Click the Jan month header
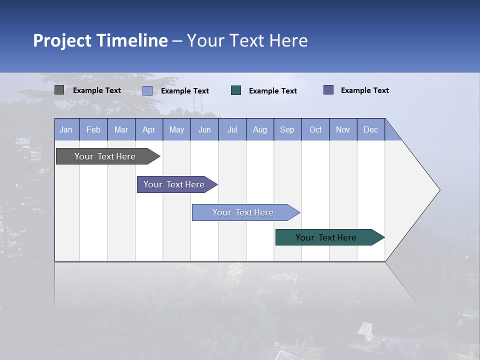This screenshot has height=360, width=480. click(x=66, y=129)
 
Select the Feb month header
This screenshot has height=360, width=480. click(x=93, y=129)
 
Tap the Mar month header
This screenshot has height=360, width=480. click(x=121, y=129)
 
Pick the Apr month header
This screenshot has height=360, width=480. click(x=149, y=129)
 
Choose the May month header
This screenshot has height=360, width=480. click(x=176, y=129)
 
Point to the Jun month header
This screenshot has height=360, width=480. click(x=204, y=129)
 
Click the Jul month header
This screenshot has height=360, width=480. click(x=232, y=129)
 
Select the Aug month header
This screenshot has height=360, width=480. click(x=260, y=129)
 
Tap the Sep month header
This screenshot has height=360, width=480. click(x=287, y=129)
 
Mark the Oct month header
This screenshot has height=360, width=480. click(x=315, y=129)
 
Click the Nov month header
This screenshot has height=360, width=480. click(x=343, y=129)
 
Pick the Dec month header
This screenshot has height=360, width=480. click(x=371, y=129)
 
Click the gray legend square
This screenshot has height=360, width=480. click(x=59, y=90)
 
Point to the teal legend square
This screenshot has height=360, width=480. click(x=236, y=90)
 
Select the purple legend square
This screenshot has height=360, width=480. click(x=328, y=90)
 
